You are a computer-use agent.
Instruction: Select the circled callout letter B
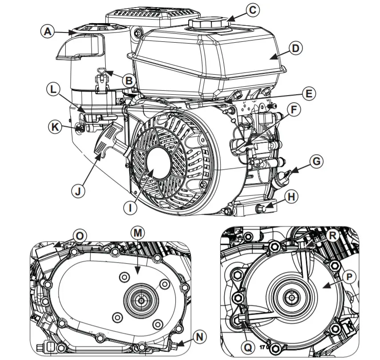coord(129,81)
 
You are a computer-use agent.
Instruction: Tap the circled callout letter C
coord(252,10)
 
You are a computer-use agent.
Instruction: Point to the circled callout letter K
coord(55,127)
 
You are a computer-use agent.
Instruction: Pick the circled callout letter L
coord(54,89)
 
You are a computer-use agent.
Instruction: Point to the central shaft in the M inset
coord(141,300)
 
